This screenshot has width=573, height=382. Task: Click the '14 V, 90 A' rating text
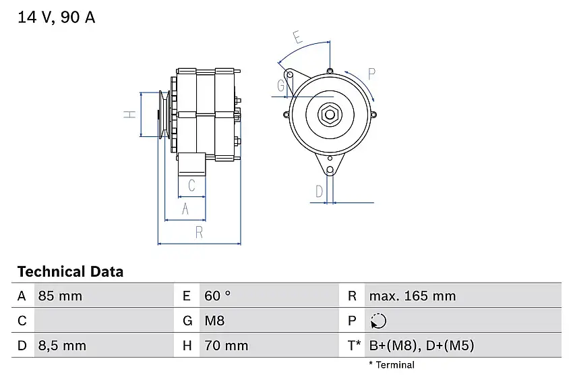click(57, 18)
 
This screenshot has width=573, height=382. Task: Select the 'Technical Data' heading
click(70, 272)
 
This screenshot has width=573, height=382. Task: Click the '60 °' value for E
click(217, 296)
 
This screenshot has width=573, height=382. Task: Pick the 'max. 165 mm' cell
click(412, 296)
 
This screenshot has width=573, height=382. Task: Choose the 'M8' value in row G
click(214, 321)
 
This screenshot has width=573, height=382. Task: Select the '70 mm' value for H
click(226, 346)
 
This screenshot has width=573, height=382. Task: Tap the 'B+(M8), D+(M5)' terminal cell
click(421, 346)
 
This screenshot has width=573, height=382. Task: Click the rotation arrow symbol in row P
click(379, 321)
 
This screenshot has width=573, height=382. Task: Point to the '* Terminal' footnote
click(392, 365)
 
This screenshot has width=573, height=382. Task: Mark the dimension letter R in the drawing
click(199, 233)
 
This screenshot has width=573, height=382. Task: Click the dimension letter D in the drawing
click(319, 192)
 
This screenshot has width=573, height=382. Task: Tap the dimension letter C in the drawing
click(191, 186)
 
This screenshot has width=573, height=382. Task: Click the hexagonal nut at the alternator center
click(330, 114)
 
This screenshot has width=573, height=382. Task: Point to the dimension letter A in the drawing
click(185, 210)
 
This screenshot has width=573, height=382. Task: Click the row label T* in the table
click(354, 346)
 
